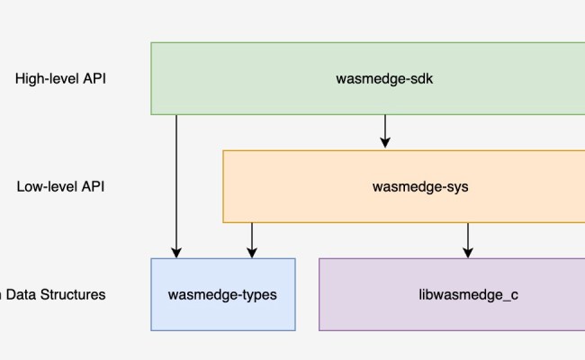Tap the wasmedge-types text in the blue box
[x=222, y=294]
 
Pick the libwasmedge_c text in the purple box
[x=468, y=294]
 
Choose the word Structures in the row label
[x=75, y=294]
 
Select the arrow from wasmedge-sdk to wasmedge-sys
[x=385, y=131]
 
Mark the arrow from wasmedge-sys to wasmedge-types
[x=252, y=239]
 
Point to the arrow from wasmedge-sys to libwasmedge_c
[x=467, y=239]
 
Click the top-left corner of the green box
[x=151, y=42]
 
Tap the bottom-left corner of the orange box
[x=223, y=222]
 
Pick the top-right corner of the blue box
[x=295, y=258]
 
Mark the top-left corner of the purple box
[x=319, y=258]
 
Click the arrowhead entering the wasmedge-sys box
[x=385, y=144]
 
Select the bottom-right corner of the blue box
[x=295, y=330]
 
